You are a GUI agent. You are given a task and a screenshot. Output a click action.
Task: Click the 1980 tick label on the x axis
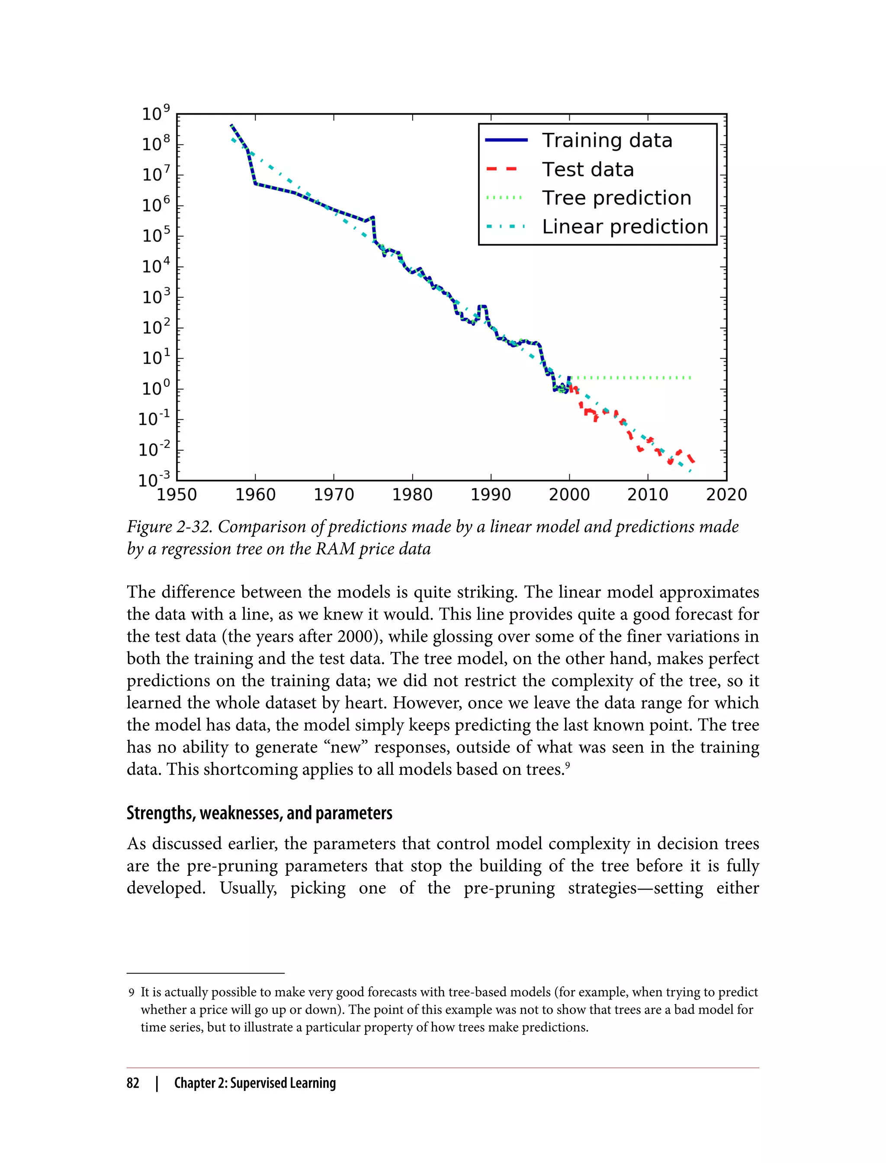[x=412, y=495]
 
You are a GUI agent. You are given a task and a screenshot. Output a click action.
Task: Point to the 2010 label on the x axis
[x=648, y=495]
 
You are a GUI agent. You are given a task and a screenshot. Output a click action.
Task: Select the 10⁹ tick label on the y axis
[x=156, y=113]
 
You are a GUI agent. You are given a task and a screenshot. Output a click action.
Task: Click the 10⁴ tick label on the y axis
[x=156, y=266]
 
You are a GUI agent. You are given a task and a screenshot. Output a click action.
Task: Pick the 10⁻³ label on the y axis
[x=154, y=479]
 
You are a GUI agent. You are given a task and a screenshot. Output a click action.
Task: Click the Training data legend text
[x=607, y=140]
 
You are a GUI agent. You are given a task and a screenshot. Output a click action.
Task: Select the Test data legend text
[x=587, y=169]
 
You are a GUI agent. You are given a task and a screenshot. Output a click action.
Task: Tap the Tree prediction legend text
[x=616, y=198]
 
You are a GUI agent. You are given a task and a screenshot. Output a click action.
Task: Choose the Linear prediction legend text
[x=625, y=227]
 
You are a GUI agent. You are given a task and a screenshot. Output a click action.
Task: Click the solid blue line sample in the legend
[x=506, y=140]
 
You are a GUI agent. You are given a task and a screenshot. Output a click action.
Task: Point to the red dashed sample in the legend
[x=502, y=169]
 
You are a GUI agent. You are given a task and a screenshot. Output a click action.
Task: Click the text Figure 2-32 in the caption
[x=169, y=527]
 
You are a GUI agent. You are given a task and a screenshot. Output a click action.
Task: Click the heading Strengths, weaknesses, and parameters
[x=259, y=813]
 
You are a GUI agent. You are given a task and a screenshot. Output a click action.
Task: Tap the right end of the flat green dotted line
[x=690, y=378]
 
